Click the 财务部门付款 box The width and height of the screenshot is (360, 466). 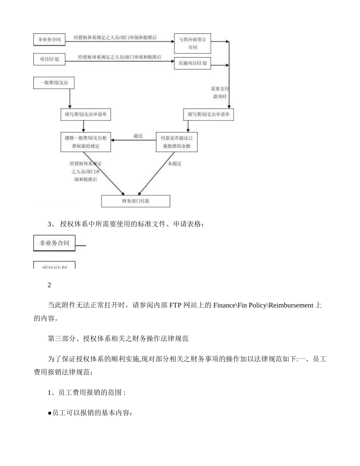[135, 201]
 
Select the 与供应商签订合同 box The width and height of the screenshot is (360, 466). [193, 43]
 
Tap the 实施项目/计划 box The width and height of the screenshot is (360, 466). [193, 63]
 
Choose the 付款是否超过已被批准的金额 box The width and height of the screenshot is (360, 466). [177, 142]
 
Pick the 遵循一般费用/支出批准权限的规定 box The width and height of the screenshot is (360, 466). [86, 142]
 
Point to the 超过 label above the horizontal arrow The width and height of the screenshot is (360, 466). [138, 136]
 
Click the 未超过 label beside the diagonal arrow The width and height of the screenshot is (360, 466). [174, 164]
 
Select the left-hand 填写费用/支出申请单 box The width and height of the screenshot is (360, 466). [86, 114]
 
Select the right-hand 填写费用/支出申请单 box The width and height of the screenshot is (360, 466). [208, 114]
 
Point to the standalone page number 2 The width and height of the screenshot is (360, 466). [49, 285]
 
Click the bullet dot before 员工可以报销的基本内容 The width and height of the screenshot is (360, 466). [50, 413]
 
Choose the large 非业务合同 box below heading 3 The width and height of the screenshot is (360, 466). [54, 243]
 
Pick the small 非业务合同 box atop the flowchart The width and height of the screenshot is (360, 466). [49, 39]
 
